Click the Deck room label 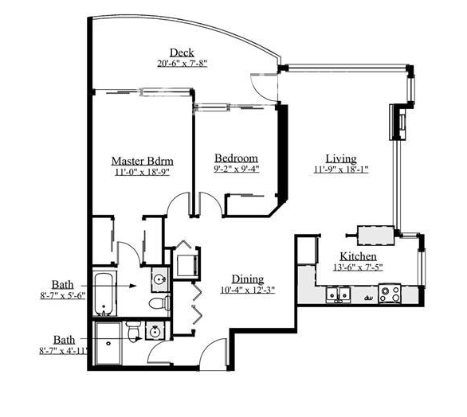point(182,53)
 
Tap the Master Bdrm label point(143,161)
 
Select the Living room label point(341,158)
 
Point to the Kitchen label point(358,256)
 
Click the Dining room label point(248,279)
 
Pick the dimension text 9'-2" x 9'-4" point(237,169)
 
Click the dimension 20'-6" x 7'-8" point(182,64)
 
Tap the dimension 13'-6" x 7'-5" point(358,267)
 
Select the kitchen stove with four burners point(390,294)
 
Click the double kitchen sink point(338,294)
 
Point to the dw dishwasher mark point(368,297)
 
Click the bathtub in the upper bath point(104,294)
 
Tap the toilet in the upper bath point(159,303)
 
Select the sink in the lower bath point(155,331)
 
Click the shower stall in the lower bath point(108,343)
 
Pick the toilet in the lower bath point(132,331)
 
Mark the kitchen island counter point(376,236)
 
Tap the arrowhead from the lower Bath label point(138,338)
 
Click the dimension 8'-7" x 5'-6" point(63,296)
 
